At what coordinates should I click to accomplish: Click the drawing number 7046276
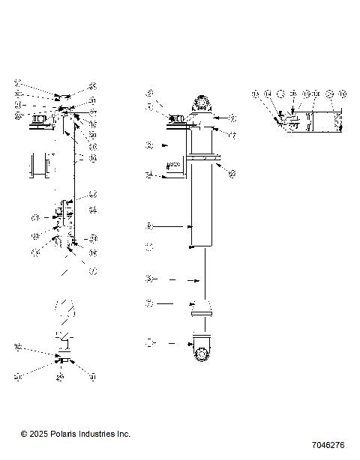click(x=325, y=445)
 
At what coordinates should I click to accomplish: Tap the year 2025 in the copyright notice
click(x=40, y=434)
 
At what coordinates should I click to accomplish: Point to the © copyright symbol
click(x=24, y=434)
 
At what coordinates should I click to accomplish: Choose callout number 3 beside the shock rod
click(x=149, y=279)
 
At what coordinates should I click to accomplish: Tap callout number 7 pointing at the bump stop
click(x=149, y=304)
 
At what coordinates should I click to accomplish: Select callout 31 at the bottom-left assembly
click(x=91, y=377)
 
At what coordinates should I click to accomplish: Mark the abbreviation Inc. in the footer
click(x=123, y=434)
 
